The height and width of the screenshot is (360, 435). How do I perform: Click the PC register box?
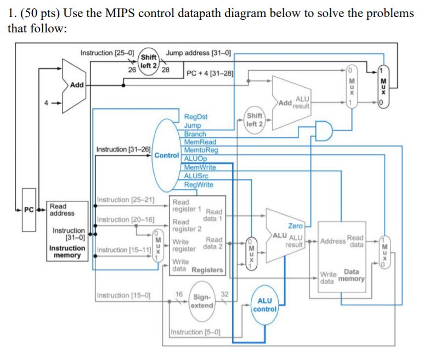click(x=29, y=209)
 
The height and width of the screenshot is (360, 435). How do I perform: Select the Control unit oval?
click(x=166, y=155)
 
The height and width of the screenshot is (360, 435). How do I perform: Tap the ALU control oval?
click(x=264, y=305)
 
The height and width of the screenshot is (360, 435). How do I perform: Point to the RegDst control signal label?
click(x=196, y=117)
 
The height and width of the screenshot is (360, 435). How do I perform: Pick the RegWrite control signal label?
click(x=199, y=184)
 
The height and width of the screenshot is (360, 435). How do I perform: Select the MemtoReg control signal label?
click(x=201, y=150)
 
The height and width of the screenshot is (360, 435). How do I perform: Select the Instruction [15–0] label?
click(x=121, y=296)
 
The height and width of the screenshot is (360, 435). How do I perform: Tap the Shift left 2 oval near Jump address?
click(x=148, y=61)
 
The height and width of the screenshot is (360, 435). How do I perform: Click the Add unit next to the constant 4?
click(x=75, y=86)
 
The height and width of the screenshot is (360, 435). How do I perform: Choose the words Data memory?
click(x=343, y=275)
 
